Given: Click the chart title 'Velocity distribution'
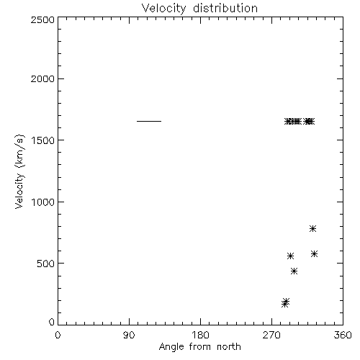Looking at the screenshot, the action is (x=199, y=9).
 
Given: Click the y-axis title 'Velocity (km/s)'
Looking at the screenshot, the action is (x=19, y=171).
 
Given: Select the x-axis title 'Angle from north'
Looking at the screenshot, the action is (x=199, y=346).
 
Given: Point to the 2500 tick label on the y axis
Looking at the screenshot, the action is (x=42, y=19).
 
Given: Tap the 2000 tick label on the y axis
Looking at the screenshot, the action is (x=42, y=78).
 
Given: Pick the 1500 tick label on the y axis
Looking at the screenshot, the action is (x=43, y=140).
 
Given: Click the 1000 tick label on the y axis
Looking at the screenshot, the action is (x=43, y=202).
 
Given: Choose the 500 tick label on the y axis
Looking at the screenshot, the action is (x=46, y=264).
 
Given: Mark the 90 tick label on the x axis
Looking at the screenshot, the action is (x=129, y=335).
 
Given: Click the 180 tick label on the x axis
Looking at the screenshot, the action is (x=200, y=335).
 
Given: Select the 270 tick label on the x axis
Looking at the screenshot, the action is (x=271, y=335).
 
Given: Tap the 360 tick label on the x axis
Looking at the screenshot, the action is (x=343, y=335).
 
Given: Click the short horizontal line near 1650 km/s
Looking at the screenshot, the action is (x=149, y=121).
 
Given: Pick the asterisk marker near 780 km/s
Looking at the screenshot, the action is (x=312, y=228).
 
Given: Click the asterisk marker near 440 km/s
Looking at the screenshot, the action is (x=294, y=271).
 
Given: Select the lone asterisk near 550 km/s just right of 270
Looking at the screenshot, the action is (x=290, y=256).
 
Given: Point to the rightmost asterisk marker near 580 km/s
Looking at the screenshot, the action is (x=314, y=254).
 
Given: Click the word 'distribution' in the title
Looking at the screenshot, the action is (x=225, y=9).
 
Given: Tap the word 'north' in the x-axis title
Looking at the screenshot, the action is (x=229, y=346).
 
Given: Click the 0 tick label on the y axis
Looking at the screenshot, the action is (x=52, y=322).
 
